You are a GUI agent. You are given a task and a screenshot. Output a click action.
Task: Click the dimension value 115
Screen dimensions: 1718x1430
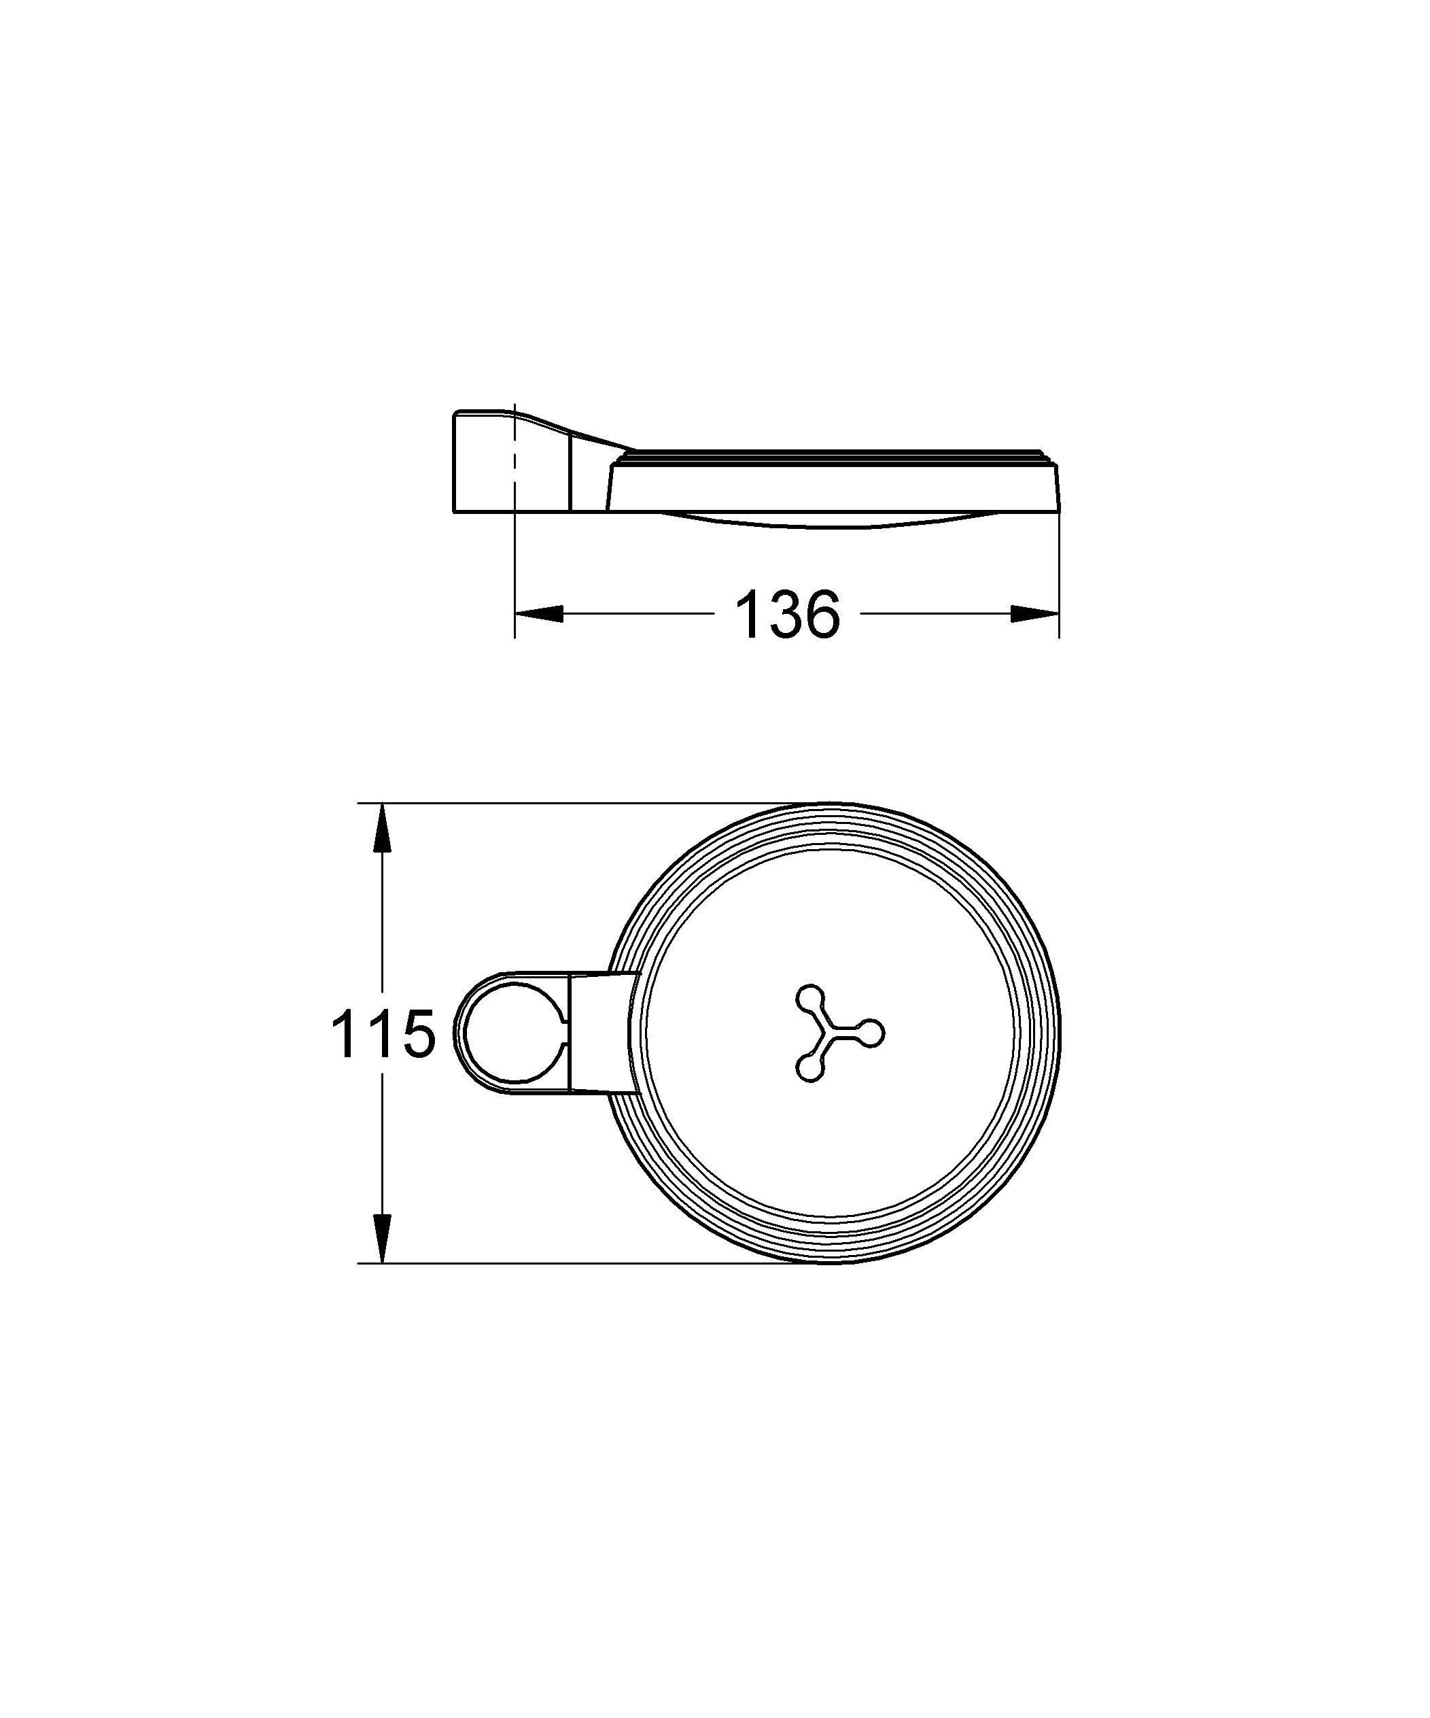click(x=382, y=1034)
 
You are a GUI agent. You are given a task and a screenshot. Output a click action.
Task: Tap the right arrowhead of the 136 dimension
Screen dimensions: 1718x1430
click(x=1036, y=613)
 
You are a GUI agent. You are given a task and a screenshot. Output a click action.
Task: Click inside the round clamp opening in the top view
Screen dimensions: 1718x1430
click(x=511, y=1033)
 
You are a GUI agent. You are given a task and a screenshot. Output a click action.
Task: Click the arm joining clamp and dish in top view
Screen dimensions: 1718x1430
click(x=601, y=1033)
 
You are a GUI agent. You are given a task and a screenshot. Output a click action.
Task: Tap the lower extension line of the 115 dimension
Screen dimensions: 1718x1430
click(x=573, y=1263)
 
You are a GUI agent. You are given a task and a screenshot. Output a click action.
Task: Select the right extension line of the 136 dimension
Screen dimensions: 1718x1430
click(x=1060, y=572)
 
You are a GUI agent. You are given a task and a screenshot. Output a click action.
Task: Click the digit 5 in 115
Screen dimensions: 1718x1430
click(x=415, y=1034)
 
